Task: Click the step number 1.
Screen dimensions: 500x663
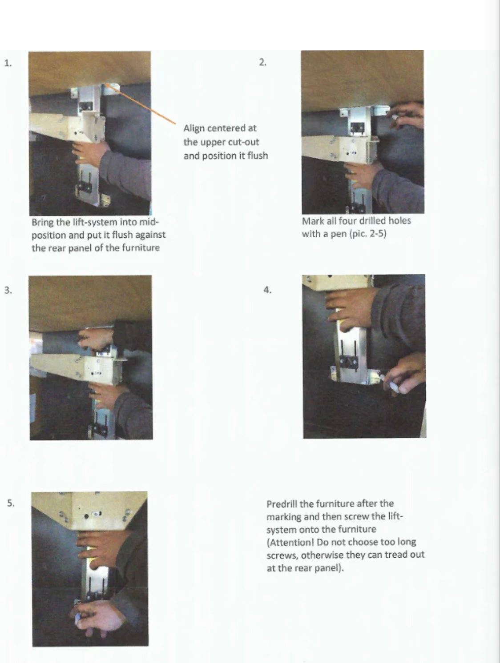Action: tap(8, 63)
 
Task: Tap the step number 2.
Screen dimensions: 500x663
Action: tap(263, 62)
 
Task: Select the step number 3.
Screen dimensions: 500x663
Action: tap(8, 290)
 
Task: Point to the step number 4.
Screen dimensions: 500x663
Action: tap(267, 290)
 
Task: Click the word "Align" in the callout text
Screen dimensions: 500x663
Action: tap(194, 128)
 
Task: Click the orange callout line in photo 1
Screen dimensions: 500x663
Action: tap(141, 104)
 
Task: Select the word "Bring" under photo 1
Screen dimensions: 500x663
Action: tap(42, 223)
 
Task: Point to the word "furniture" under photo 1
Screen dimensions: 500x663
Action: tap(141, 248)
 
